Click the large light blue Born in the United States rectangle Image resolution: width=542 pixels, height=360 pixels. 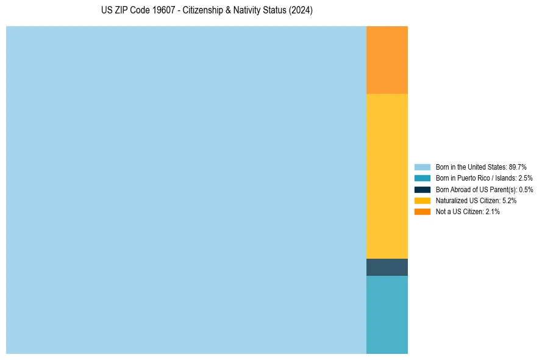coord(186,190)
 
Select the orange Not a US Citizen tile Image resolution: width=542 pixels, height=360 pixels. coord(387,60)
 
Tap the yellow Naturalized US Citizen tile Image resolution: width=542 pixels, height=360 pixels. coord(387,176)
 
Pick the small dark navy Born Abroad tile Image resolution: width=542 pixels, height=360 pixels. coord(387,267)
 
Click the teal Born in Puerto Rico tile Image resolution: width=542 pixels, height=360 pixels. coord(387,314)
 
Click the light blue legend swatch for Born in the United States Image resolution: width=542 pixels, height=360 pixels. coord(423,167)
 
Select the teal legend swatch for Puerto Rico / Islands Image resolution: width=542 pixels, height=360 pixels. coord(423,178)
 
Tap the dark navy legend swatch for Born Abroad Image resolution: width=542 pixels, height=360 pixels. coord(423,189)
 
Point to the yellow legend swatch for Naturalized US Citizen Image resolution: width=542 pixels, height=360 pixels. coord(423,200)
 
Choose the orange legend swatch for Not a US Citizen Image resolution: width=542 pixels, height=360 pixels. coord(423,212)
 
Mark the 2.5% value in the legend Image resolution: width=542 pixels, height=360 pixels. coord(525,178)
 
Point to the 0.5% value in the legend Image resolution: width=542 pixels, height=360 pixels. coord(526,189)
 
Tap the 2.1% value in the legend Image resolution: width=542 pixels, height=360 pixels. coord(493,212)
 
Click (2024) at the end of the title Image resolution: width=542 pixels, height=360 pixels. coord(302,11)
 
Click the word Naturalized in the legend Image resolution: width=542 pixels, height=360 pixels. coord(450,200)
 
